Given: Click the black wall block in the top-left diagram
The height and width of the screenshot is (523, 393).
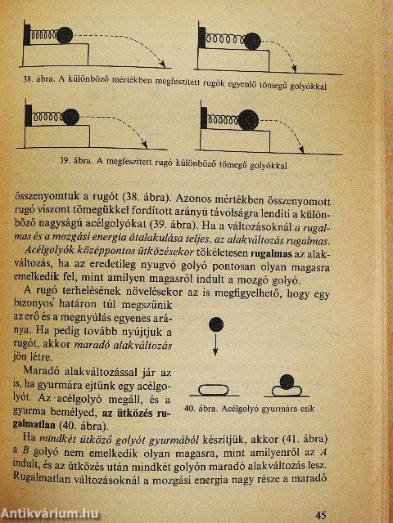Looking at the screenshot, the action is pos(29,37).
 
